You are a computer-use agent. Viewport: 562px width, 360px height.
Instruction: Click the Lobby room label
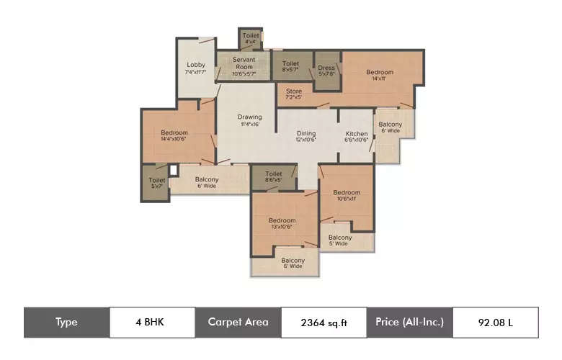pos(195,68)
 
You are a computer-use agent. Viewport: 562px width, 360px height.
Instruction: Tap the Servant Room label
pos(245,67)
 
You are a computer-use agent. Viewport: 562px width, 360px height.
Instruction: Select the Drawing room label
pos(250,120)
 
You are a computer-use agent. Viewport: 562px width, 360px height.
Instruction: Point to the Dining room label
pos(306,136)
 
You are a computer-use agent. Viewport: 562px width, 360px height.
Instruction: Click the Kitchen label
pos(357,137)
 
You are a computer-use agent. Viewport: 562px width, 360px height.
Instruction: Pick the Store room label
pos(293,94)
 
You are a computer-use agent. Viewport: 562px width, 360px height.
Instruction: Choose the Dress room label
pos(327,69)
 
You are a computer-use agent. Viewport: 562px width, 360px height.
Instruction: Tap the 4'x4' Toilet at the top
pos(250,39)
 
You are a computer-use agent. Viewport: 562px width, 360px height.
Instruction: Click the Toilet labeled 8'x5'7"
pos(291,66)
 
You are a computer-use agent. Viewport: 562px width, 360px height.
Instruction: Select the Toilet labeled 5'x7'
pos(156,183)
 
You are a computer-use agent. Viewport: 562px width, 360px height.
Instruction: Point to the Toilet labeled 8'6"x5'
pos(273,176)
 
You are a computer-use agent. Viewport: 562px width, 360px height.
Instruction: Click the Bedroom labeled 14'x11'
pos(380,75)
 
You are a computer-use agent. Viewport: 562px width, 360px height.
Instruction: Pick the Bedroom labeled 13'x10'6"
pos(282,223)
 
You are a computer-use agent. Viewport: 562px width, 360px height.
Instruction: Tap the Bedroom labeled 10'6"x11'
pos(347,195)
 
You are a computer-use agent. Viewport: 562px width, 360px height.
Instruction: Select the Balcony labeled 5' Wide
pos(340,240)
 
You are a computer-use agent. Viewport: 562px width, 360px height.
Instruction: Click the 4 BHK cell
pos(151,322)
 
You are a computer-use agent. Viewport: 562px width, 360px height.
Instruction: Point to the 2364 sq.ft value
pos(324,322)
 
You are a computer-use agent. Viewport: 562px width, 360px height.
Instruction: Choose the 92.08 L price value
pos(495,322)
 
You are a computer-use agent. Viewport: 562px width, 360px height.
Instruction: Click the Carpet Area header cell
pos(238,322)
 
